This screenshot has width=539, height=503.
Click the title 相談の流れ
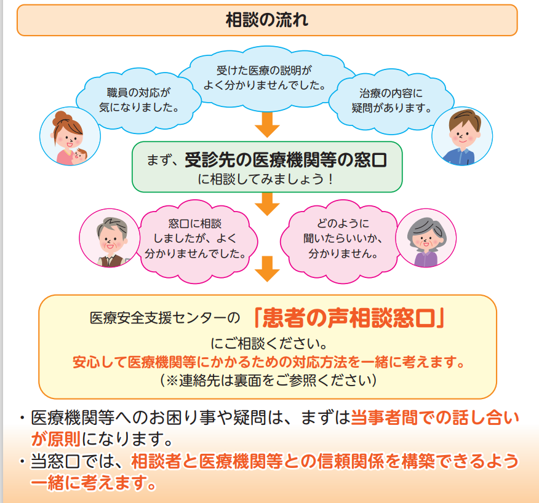[268, 20]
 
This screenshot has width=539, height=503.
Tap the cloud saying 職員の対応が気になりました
[138, 100]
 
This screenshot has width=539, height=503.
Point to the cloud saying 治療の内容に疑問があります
[392, 100]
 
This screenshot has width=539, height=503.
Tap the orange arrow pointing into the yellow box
[267, 269]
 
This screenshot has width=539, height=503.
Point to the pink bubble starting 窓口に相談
[195, 237]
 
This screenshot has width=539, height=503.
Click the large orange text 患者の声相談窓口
[349, 318]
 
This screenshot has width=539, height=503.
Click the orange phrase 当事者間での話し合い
[434, 419]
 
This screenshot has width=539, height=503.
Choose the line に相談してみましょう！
[267, 180]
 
